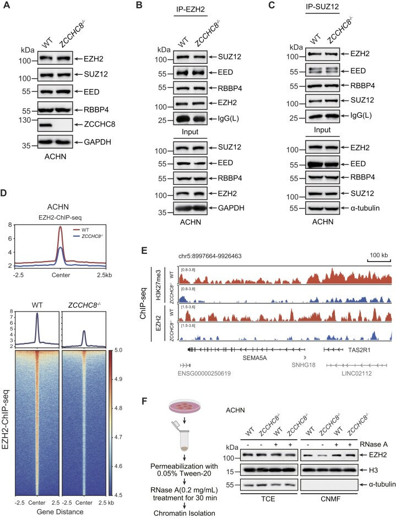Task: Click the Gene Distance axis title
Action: [x=66, y=512]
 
